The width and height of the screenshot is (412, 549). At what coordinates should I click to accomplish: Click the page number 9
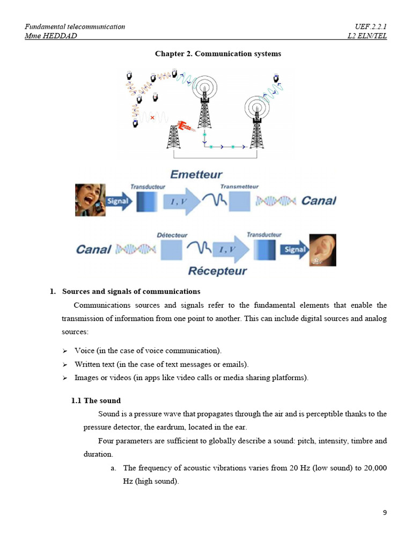pos(385,513)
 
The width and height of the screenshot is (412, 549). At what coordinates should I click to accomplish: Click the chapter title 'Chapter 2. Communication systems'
pos(218,54)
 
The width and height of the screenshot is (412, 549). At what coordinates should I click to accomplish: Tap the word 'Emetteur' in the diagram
pos(196,174)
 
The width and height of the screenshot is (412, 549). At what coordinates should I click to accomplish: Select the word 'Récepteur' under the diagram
pos(217,271)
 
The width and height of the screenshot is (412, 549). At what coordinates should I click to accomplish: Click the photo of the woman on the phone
pos(90,200)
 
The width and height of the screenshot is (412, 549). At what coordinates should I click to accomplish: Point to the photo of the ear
pos(322,250)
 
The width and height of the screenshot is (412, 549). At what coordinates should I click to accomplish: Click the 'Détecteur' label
pos(172,235)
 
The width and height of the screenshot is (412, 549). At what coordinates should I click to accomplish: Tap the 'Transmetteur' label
pos(239,187)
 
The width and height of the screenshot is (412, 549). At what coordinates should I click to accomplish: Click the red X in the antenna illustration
pos(152,117)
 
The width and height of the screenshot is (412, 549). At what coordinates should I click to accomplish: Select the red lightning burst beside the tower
pos(186,126)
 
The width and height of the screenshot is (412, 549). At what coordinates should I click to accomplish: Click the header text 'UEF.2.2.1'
pos(371,27)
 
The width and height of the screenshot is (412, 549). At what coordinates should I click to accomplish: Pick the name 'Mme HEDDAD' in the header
pos(51,36)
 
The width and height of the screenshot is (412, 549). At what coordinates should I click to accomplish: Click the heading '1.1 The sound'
pos(96,400)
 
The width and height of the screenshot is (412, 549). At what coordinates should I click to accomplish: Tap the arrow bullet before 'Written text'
pos(65,365)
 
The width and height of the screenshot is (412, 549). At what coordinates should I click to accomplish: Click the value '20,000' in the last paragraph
pos(375,468)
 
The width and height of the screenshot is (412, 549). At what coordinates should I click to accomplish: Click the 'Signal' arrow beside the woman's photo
pos(119,202)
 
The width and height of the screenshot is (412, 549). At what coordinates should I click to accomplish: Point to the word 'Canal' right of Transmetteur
pos(319,201)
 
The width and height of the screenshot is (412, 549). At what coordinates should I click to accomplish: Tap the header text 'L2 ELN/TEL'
pos(367,36)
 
